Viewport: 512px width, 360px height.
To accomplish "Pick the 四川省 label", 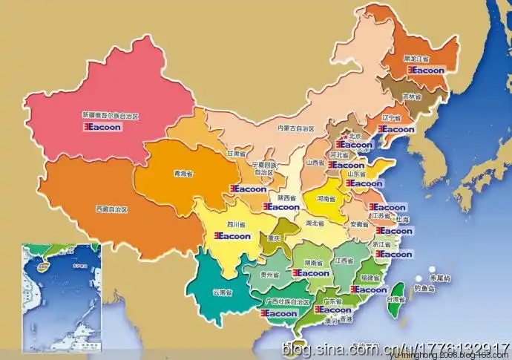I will (236, 223).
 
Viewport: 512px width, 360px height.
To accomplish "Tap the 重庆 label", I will (275, 238).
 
